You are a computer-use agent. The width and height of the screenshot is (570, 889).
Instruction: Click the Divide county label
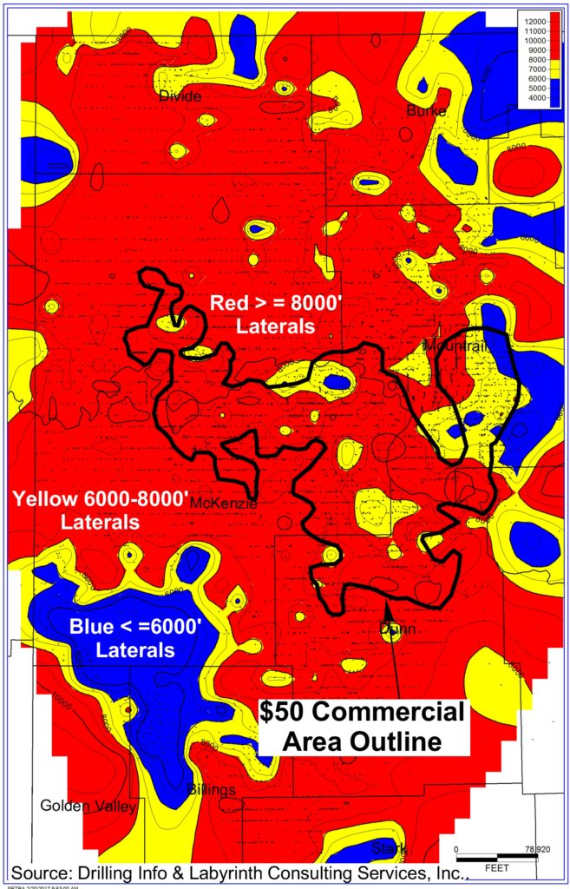coord(180,95)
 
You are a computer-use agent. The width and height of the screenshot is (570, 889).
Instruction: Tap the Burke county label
coord(426,111)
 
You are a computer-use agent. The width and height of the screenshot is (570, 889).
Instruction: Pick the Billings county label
coord(212,789)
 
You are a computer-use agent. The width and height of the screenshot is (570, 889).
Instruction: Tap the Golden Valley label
coord(88,807)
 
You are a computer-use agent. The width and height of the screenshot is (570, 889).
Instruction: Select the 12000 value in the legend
coord(534,21)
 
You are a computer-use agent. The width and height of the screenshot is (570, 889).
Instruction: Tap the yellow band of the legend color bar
coord(555,69)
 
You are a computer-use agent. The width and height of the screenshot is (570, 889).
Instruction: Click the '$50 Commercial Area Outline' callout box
coord(362,727)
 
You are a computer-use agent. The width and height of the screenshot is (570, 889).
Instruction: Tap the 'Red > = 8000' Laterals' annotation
coord(261,313)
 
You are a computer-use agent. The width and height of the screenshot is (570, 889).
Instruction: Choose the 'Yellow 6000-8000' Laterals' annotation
coord(100,510)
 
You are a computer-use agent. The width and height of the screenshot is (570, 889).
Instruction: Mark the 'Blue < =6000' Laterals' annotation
coord(135,636)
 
